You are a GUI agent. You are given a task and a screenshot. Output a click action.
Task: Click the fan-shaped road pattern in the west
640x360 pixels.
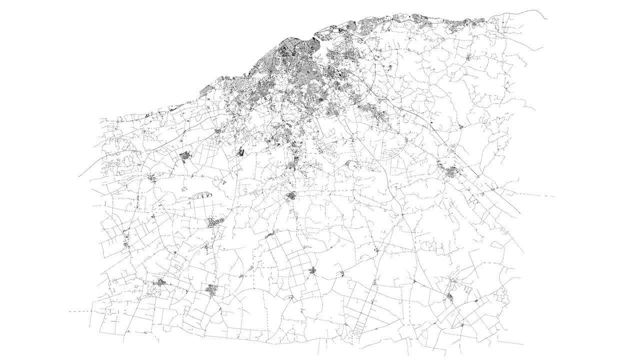pos(200,196)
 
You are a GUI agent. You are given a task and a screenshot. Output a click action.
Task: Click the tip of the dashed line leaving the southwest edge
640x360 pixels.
pos(69,311)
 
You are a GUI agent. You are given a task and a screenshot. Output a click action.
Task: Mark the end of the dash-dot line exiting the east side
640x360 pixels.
pos(554,196)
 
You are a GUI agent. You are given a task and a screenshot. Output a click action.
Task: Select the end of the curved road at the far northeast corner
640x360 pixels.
pos(548,18)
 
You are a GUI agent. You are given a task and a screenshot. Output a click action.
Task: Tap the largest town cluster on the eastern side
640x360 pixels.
pos(452,171)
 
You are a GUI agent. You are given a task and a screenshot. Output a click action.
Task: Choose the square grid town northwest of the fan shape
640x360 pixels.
pos(186,156)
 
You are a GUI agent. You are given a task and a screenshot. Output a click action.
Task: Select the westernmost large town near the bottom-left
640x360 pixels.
pos(161,283)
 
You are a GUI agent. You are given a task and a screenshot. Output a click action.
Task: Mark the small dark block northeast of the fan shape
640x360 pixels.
pos(240,151)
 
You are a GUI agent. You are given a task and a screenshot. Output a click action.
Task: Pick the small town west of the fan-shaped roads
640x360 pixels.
pos(152,177)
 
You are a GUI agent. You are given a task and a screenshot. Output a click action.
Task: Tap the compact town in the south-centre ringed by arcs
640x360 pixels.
pos(312,271)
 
